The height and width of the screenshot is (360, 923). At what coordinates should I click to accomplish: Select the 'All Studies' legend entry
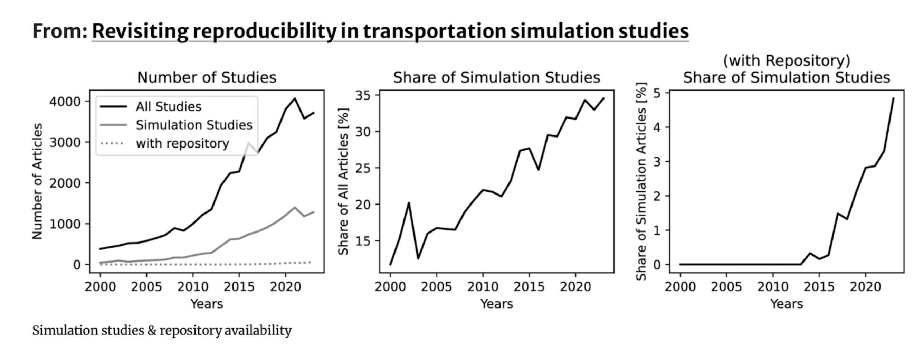pos(169,106)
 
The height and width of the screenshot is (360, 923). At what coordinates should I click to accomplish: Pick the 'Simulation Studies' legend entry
pos(194,125)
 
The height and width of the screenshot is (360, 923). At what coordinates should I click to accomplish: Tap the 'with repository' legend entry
pos(182,144)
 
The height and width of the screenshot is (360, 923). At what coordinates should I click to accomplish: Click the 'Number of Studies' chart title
pos(207,77)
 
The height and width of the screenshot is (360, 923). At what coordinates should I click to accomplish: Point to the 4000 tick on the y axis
pos(65,102)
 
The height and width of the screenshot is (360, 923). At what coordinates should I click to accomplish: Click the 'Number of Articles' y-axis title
pos(37,181)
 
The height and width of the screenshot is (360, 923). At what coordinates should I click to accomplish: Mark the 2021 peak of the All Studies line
pos(295,98)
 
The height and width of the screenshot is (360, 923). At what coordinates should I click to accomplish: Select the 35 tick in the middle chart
pos(363,95)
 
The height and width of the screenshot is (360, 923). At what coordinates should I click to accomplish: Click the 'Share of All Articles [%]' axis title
pos(343,181)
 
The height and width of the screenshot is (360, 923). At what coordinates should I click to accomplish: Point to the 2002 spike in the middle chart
pos(408,203)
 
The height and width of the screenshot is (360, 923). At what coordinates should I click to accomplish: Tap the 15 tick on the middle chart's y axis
pos(363,241)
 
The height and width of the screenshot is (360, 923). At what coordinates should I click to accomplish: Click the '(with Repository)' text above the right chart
pos(787,60)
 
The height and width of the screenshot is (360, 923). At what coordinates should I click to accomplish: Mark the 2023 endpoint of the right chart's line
pos(893,98)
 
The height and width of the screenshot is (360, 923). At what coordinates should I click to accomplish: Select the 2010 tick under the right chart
pos(772,287)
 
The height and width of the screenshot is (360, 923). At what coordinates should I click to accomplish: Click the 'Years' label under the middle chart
pos(497,304)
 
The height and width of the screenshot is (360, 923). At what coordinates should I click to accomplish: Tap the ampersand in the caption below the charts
pos(152,331)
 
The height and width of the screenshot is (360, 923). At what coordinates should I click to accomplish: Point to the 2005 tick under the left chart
pos(146,287)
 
